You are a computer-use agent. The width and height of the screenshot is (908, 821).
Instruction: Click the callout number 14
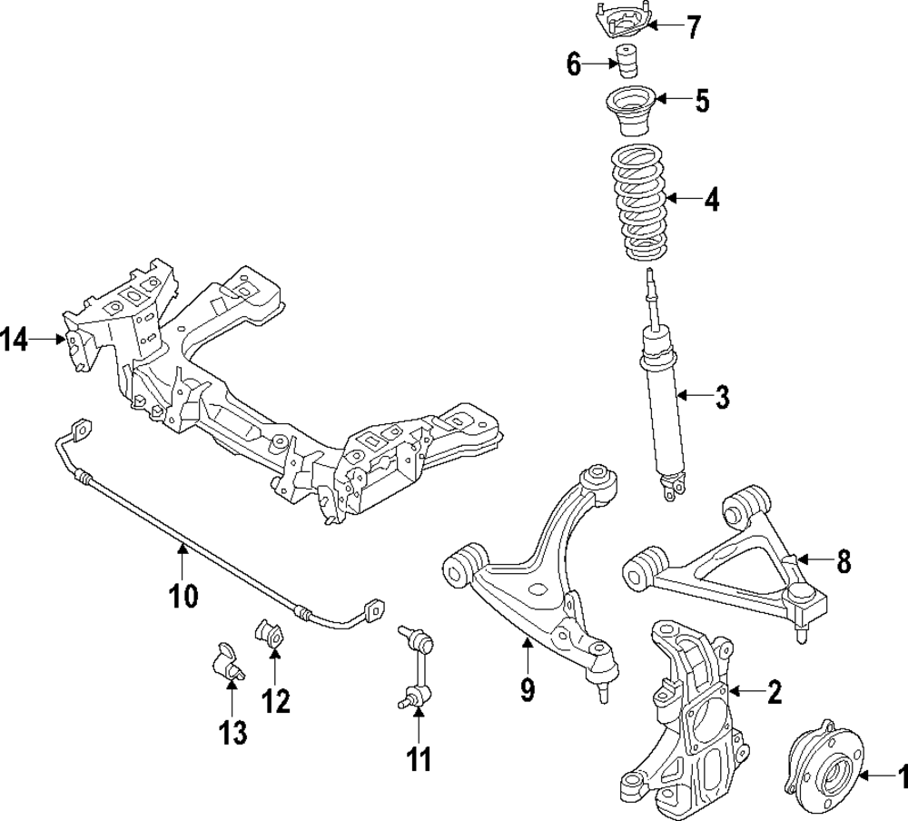(15, 341)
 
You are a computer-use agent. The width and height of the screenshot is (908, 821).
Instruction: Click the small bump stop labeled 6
(626, 64)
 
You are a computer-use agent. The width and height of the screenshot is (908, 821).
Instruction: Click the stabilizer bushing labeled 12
(271, 634)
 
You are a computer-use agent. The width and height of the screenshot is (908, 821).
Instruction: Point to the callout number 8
(844, 563)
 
